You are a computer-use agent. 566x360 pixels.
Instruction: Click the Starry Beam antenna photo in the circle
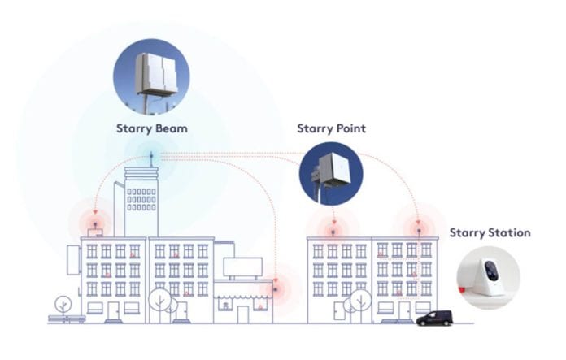pos(151,76)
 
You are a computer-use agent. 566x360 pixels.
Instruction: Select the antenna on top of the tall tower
pos(150,158)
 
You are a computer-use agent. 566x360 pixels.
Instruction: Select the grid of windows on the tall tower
pos(141,197)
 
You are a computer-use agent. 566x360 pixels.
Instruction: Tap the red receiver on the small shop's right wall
pos(276,285)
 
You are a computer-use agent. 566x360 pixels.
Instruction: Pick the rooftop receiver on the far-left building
pos(94,222)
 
